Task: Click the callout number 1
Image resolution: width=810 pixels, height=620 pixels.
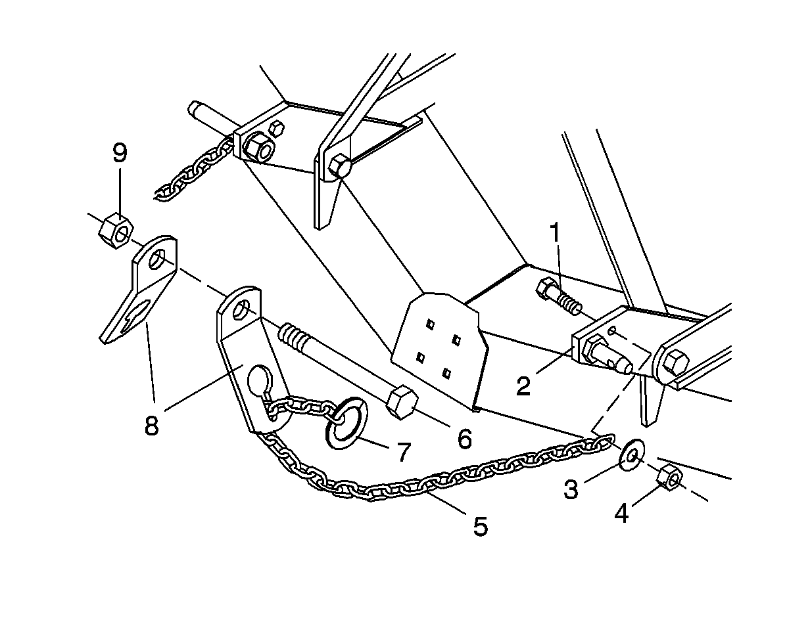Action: [x=555, y=232]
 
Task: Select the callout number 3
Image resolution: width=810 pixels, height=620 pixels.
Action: [x=571, y=489]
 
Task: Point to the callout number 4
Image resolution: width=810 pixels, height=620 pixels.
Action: [x=621, y=513]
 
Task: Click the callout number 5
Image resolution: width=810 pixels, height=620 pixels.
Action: [x=481, y=526]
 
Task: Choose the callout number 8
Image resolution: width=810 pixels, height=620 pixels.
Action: [x=151, y=425]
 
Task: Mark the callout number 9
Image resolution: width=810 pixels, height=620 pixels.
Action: [x=120, y=152]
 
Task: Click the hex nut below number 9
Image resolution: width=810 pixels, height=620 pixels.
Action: [x=116, y=231]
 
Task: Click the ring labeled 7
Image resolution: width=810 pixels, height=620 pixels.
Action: [x=346, y=423]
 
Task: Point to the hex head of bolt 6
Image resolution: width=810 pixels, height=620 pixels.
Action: [x=402, y=403]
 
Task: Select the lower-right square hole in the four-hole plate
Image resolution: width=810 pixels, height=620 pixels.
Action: [x=446, y=372]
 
